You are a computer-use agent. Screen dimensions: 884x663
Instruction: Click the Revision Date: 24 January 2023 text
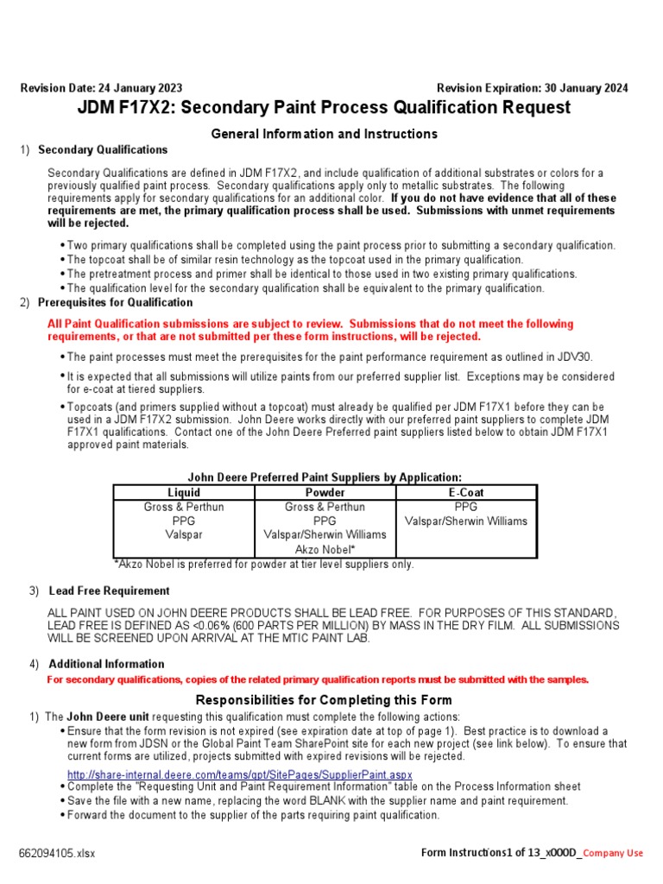click(101, 88)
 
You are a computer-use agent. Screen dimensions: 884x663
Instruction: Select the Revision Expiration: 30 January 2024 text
click(532, 88)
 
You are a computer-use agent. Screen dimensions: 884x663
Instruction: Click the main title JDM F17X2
click(325, 108)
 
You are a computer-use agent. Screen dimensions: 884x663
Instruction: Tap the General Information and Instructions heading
click(325, 134)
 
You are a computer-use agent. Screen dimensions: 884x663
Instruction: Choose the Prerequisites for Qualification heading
click(116, 302)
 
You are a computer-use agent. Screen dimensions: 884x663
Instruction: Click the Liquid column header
click(183, 492)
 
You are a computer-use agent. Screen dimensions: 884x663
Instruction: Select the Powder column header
click(325, 492)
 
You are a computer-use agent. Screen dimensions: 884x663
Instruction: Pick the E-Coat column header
click(466, 492)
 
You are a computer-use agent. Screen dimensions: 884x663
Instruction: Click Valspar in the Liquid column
click(183, 534)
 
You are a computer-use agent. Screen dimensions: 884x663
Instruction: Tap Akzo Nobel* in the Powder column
click(325, 549)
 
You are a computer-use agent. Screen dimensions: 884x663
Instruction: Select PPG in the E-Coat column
click(466, 507)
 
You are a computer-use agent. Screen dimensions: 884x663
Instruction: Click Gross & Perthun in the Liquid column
click(183, 507)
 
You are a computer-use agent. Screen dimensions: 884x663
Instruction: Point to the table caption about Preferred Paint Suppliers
click(325, 477)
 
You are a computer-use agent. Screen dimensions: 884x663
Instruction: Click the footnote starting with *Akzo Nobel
click(264, 564)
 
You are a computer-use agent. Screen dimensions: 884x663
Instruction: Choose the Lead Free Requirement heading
click(109, 590)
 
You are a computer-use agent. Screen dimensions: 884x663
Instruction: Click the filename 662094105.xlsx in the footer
click(58, 853)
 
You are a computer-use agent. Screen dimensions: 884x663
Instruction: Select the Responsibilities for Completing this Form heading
click(325, 699)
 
